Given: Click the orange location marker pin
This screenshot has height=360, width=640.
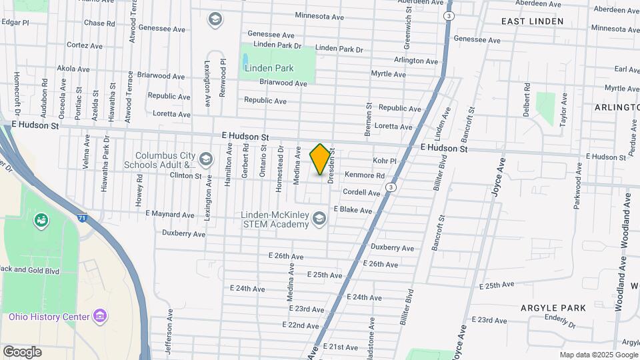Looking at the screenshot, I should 321,159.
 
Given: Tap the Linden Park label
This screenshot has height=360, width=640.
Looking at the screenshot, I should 269,68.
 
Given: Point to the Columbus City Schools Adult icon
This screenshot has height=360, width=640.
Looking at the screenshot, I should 205,159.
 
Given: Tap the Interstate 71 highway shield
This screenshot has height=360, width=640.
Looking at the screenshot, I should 81,217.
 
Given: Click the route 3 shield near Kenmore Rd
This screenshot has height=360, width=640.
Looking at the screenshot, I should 391,188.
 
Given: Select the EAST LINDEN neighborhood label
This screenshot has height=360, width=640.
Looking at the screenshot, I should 532,21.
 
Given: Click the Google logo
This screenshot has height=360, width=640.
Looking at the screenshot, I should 22,351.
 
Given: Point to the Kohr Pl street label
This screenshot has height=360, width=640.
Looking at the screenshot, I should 385,161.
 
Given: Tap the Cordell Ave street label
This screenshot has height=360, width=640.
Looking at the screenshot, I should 361,192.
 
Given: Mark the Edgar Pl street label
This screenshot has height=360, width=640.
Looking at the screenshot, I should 15,22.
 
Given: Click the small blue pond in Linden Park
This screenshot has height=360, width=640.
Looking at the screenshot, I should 245,59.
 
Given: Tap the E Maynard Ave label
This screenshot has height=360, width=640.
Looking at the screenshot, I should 170,215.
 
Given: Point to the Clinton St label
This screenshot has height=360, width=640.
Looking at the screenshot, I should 185,176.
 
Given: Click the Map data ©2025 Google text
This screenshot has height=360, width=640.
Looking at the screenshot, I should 598,355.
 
